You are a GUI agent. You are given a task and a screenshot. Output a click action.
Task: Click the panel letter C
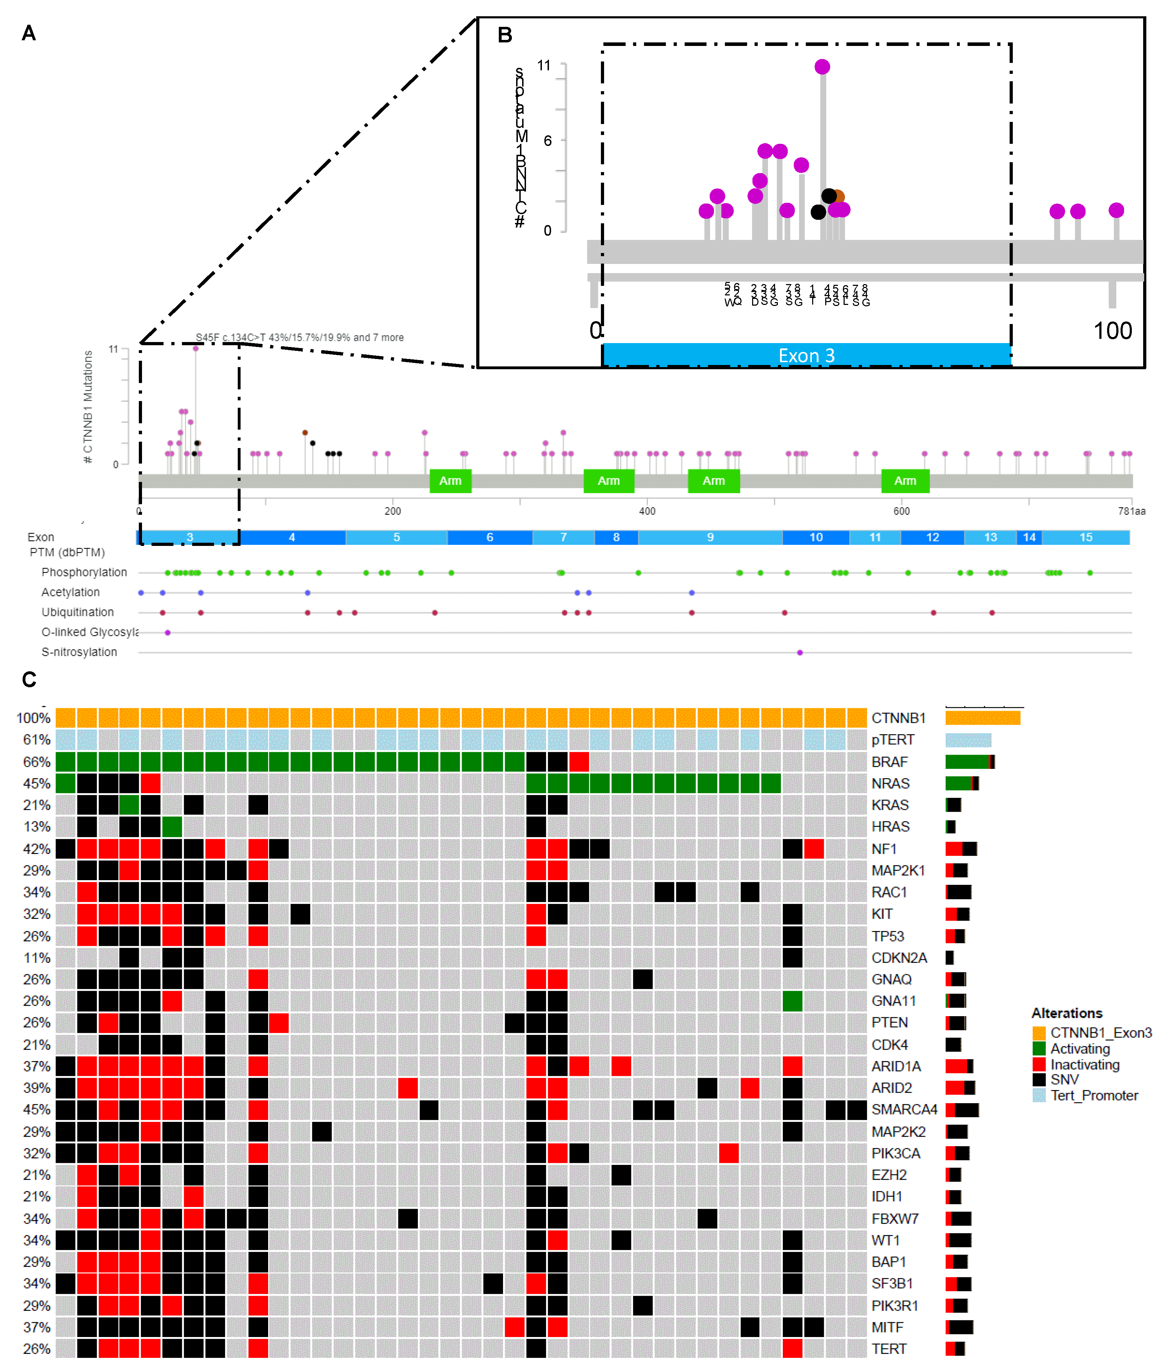tap(29, 679)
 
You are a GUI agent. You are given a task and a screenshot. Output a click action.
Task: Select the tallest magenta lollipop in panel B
tap(822, 67)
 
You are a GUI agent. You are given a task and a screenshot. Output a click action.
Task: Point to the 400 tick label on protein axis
tap(647, 511)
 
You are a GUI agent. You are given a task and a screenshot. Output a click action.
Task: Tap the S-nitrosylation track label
tap(79, 652)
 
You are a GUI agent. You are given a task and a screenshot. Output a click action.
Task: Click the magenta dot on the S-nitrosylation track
tap(800, 653)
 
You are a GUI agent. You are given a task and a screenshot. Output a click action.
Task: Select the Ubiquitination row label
tap(77, 612)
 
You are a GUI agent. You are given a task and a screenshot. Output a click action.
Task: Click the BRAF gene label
tap(889, 762)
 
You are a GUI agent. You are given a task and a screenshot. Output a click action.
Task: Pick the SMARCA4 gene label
tap(904, 1110)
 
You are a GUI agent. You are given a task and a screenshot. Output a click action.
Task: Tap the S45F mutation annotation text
tap(299, 338)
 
